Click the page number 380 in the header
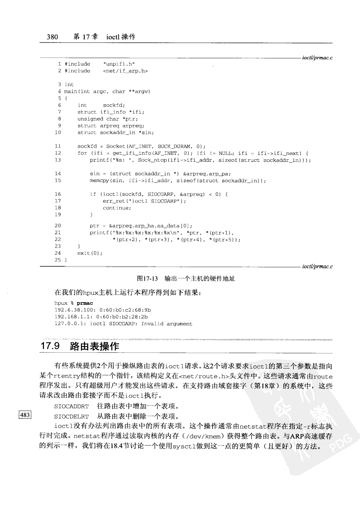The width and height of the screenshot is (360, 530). coord(52,37)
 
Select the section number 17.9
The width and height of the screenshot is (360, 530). coord(50,346)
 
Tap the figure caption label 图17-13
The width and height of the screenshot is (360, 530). coord(147,279)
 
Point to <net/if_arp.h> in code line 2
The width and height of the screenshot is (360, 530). coord(125,71)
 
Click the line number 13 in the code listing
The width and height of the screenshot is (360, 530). coord(57,160)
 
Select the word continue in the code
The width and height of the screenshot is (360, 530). coord(116,208)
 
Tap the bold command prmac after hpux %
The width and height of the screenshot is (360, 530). coord(85,303)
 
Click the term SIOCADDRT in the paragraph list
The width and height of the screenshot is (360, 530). coord(71,406)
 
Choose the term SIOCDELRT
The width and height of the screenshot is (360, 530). coord(71,416)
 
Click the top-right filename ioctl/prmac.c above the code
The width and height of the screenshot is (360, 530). coord(317,58)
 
